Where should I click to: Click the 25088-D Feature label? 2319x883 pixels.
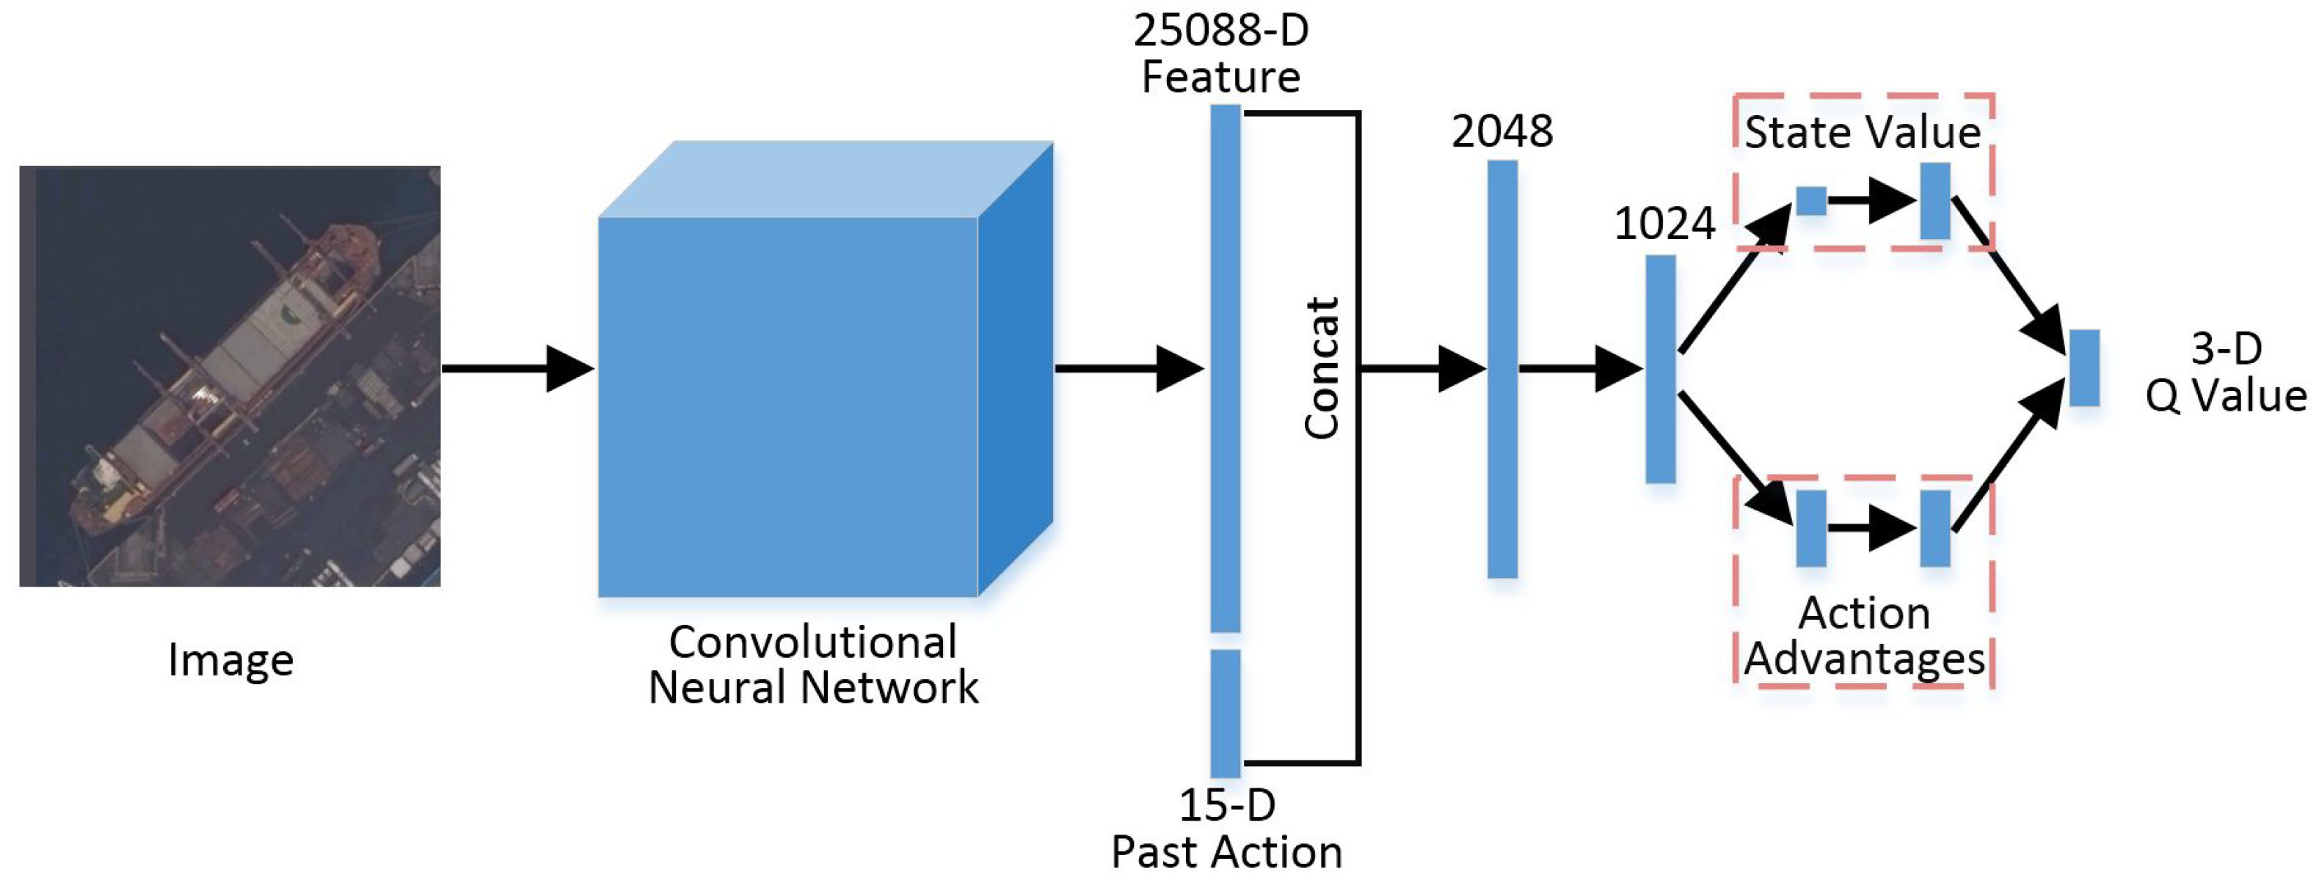point(1220,54)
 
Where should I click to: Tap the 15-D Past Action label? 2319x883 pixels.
point(1226,828)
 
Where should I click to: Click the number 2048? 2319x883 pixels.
point(1501,131)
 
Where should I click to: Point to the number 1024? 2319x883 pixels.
point(1664,223)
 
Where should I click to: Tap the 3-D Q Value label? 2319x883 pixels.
point(2225,372)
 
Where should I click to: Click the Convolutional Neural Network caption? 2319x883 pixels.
point(813,664)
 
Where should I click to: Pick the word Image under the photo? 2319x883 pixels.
point(230,660)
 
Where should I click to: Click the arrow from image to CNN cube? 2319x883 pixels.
point(517,368)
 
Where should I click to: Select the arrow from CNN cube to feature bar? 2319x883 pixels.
point(1130,368)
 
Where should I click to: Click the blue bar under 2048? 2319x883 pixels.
point(1501,368)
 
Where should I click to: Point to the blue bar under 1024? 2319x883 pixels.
point(1660,368)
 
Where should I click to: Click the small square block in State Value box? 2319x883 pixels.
point(1810,201)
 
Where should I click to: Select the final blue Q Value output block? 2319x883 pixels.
point(2084,367)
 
